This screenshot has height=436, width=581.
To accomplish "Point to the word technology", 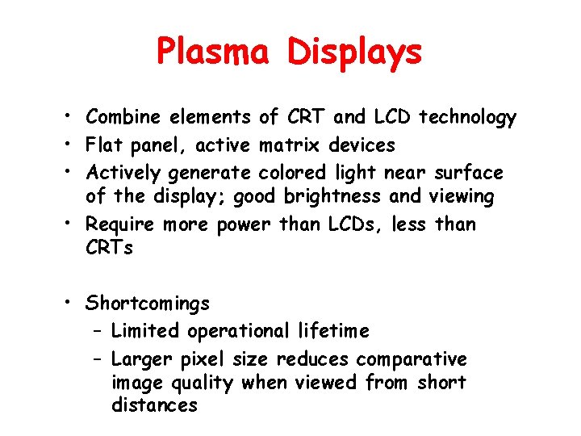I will [x=466, y=118].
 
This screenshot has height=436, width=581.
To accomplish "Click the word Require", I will [x=122, y=224].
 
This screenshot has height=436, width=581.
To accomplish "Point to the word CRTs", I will [x=110, y=247].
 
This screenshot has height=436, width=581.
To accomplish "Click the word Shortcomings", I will [x=148, y=304].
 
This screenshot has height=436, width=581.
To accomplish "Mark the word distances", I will [x=154, y=405].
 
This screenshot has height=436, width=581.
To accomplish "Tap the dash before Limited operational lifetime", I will [x=97, y=331].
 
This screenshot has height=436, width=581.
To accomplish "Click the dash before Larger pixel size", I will [x=97, y=358].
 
